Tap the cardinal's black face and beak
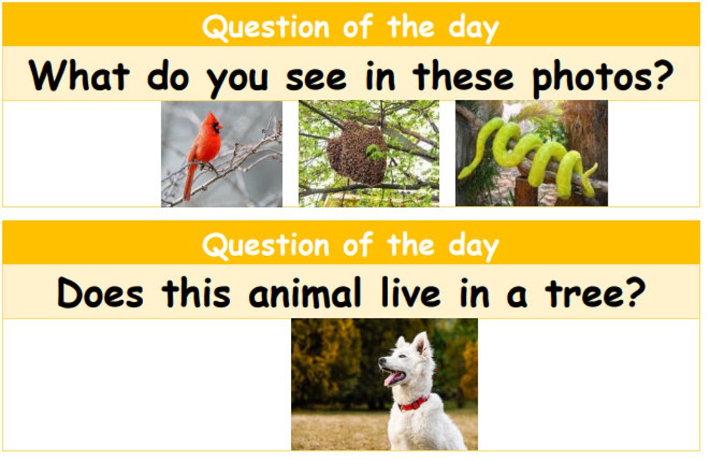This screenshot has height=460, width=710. [215, 127]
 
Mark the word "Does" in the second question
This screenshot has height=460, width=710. [100, 293]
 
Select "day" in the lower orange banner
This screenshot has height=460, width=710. [473, 246]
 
